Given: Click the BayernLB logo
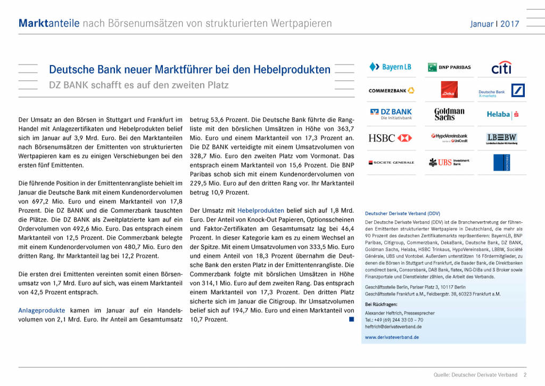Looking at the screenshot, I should [390, 67].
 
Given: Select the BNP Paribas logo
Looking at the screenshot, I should [449, 67].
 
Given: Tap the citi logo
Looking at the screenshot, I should [501, 68].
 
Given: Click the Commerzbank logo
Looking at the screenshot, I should [391, 91].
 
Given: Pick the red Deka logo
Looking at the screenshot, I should [449, 90].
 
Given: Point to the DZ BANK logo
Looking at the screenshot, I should [391, 114].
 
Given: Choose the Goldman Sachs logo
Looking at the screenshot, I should [449, 114].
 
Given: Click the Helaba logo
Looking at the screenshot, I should [502, 114].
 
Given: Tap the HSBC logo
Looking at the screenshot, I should [390, 138].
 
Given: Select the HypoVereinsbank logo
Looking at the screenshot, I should [449, 138].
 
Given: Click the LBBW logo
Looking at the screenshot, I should [501, 139].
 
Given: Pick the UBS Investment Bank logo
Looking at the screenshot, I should [449, 162].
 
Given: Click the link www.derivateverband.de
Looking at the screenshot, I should [392, 337].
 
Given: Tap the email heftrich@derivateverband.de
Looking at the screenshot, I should [394, 326].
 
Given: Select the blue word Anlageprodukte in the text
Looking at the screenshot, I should [42, 310].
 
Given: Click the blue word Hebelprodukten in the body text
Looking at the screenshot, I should [260, 210].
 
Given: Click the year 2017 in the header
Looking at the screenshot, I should [510, 24].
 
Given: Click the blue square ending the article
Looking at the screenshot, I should [351, 319].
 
